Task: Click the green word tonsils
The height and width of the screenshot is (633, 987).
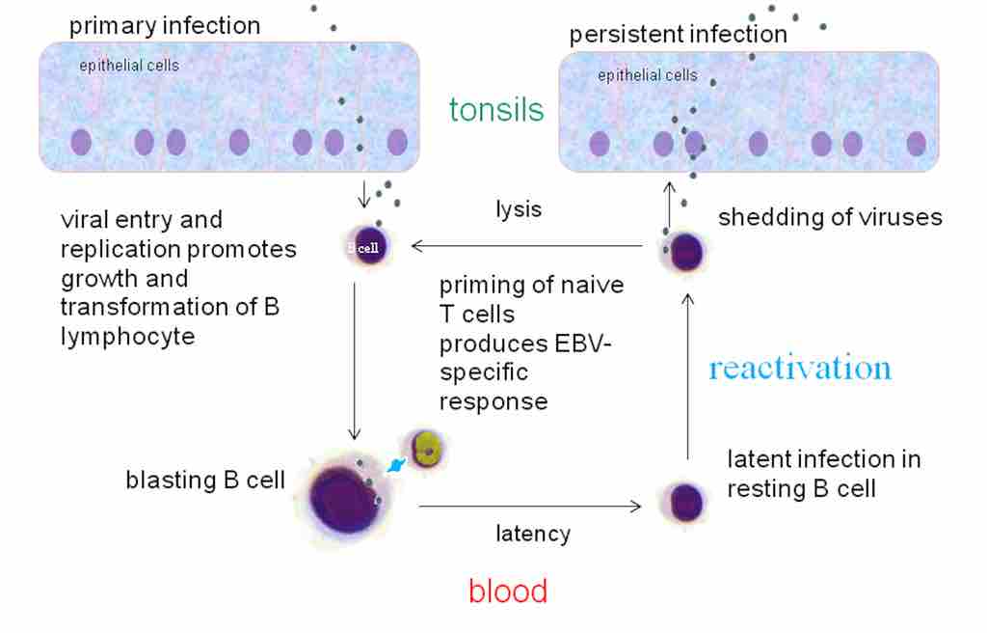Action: pyautogui.click(x=496, y=109)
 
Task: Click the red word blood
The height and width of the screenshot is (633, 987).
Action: pyautogui.click(x=508, y=591)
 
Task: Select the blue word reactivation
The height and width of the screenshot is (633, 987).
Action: pyautogui.click(x=799, y=368)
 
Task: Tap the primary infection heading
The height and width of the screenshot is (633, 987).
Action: pyautogui.click(x=165, y=25)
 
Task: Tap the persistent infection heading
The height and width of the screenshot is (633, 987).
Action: pyautogui.click(x=678, y=35)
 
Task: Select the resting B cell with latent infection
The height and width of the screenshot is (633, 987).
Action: pyautogui.click(x=685, y=502)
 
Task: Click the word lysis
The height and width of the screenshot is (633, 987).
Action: pyautogui.click(x=519, y=209)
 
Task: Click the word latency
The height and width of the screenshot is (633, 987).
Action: pyautogui.click(x=532, y=533)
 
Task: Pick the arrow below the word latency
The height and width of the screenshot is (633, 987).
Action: pyautogui.click(x=531, y=506)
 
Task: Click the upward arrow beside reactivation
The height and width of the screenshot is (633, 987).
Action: pyautogui.click(x=687, y=376)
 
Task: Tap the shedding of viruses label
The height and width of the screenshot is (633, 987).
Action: pyautogui.click(x=830, y=217)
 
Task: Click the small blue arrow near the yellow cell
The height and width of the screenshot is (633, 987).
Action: pyautogui.click(x=395, y=466)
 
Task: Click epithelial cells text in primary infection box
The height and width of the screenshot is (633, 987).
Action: pyautogui.click(x=129, y=66)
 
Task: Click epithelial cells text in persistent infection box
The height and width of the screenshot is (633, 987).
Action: pyautogui.click(x=648, y=75)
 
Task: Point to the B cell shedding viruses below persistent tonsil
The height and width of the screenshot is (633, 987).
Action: pyautogui.click(x=686, y=254)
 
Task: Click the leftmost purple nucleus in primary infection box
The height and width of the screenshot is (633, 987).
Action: pyautogui.click(x=81, y=143)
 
